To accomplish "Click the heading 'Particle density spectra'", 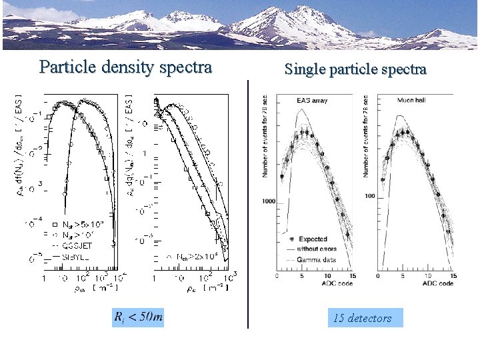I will pyautogui.click(x=125, y=67).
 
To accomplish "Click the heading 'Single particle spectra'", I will pyautogui.click(x=355, y=69).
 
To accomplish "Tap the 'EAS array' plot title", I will pyautogui.click(x=311, y=101).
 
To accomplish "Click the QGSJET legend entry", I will pyautogui.click(x=77, y=245).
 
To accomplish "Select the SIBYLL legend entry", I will pyautogui.click(x=74, y=256).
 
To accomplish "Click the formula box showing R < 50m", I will pyautogui.click(x=138, y=317).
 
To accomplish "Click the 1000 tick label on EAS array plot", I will pyautogui.click(x=269, y=201).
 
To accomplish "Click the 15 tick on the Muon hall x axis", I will pyautogui.click(x=452, y=276).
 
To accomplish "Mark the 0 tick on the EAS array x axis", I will pyautogui.click(x=278, y=276).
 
